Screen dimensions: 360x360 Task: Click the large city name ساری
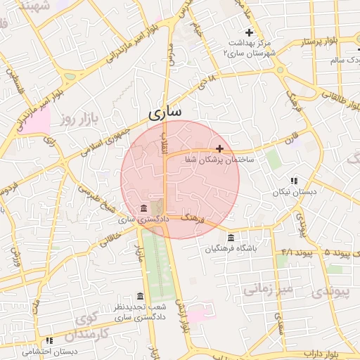click(x=165, y=112)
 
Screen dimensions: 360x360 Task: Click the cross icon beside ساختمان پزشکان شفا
click(x=220, y=148)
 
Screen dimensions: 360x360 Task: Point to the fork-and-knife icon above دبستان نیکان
click(x=294, y=181)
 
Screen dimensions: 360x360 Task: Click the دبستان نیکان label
click(x=296, y=191)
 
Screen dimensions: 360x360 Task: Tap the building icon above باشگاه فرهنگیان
click(x=231, y=238)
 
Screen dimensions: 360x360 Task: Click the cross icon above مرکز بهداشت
click(x=248, y=32)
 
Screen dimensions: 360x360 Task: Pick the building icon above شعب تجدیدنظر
click(x=140, y=296)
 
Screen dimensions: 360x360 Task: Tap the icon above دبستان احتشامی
click(x=49, y=340)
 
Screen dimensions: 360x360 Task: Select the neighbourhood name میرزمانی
click(x=267, y=288)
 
